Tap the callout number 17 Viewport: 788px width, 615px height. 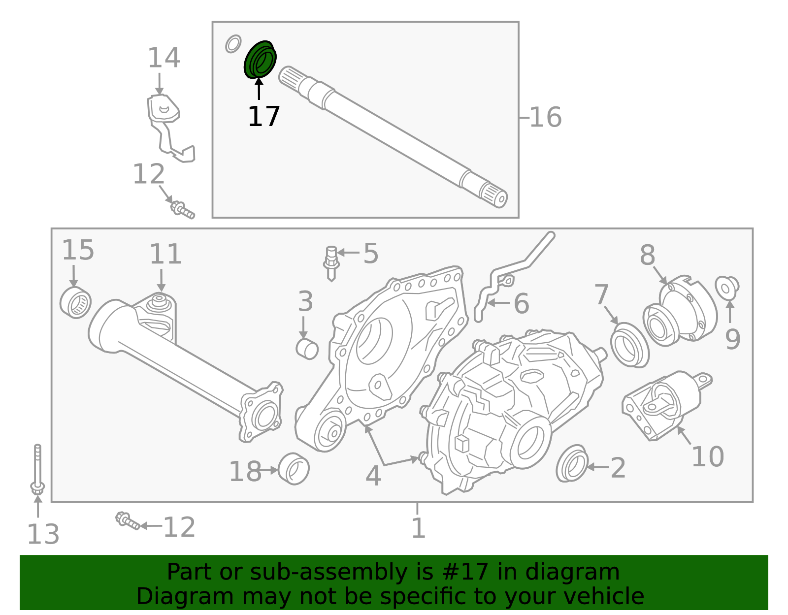point(263,117)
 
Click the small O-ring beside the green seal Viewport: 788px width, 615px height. point(233,44)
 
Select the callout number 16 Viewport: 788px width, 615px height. point(545,118)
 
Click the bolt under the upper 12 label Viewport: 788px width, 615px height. point(182,209)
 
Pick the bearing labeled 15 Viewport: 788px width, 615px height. point(75,302)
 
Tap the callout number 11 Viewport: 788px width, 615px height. point(165,255)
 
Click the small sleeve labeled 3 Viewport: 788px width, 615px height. point(307,349)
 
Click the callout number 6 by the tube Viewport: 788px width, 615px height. point(521,304)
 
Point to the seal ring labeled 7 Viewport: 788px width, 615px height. point(629,345)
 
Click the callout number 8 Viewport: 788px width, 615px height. point(648,256)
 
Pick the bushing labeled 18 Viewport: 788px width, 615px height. point(294,469)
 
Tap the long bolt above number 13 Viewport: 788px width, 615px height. point(37,468)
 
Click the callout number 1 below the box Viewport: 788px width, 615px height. point(418,528)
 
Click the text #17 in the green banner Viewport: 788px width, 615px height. point(465,572)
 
